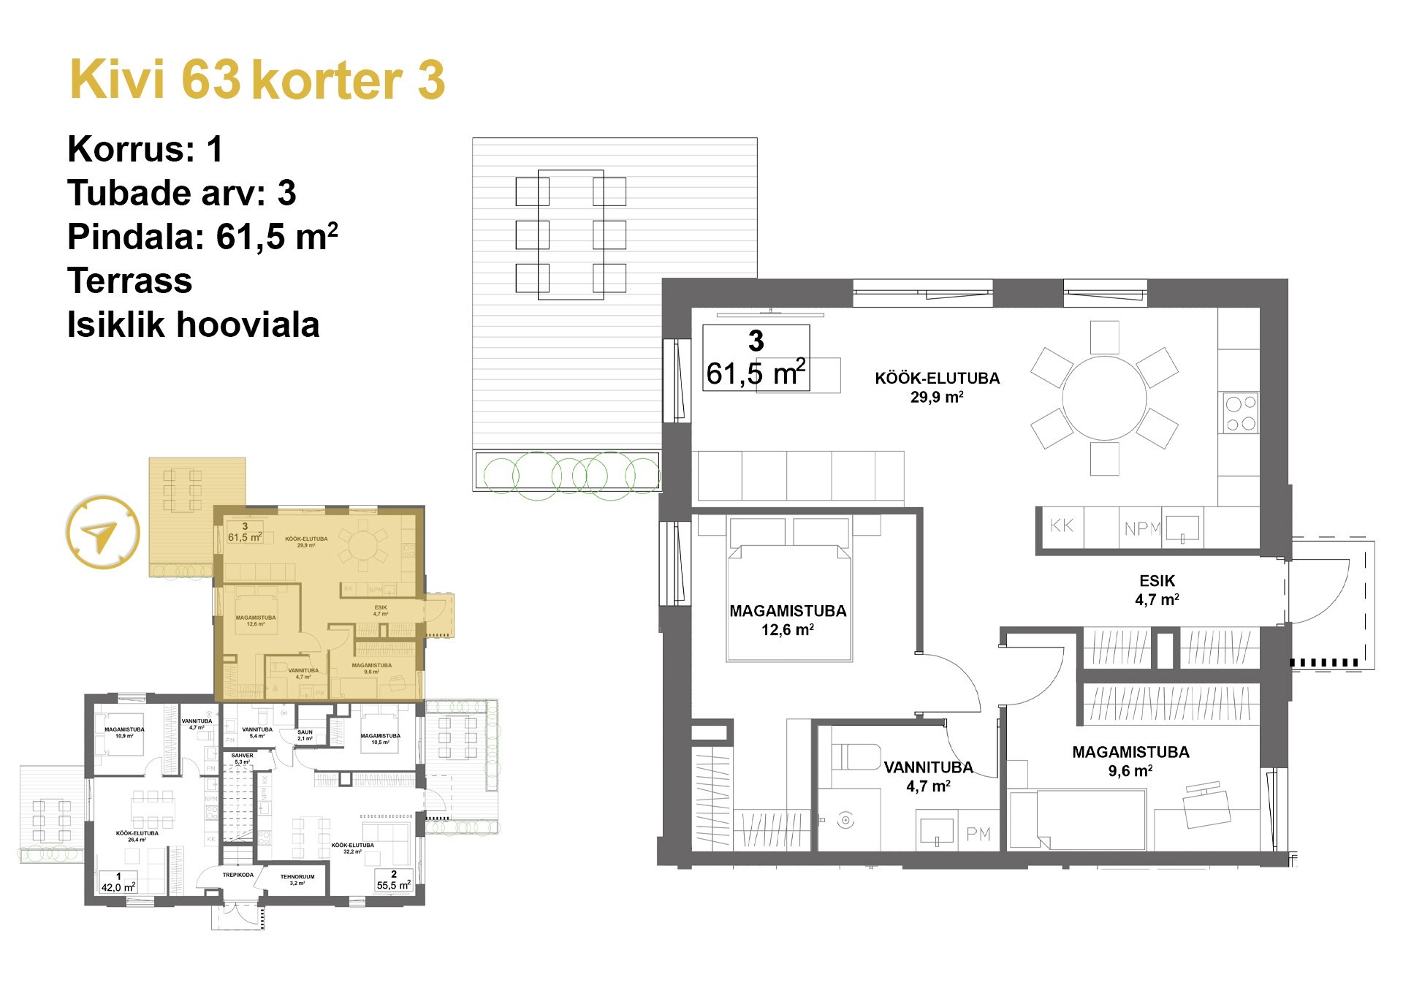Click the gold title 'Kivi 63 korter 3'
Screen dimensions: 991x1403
point(257,80)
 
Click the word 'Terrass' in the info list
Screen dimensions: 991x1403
point(130,281)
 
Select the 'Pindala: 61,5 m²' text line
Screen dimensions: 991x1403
point(202,237)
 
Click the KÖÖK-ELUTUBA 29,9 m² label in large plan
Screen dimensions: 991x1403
point(937,387)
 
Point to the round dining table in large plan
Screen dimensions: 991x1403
point(1104,398)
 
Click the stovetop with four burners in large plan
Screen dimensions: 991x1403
point(1241,413)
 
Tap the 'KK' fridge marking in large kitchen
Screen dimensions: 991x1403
point(1061,525)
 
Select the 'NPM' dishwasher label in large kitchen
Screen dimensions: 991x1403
point(1142,528)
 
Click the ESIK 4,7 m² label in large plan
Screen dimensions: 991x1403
point(1157,590)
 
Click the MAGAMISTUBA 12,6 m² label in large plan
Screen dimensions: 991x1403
point(788,620)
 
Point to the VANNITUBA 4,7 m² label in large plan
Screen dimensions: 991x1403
point(928,776)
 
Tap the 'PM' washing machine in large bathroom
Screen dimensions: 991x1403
point(978,834)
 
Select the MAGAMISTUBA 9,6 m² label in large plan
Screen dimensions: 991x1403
point(1130,760)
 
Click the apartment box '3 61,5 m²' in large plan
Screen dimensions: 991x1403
point(756,358)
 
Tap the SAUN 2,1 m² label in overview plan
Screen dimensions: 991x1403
point(305,734)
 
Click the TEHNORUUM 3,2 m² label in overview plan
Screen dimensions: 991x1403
point(297,879)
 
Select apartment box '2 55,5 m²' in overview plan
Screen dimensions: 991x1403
point(394,881)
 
